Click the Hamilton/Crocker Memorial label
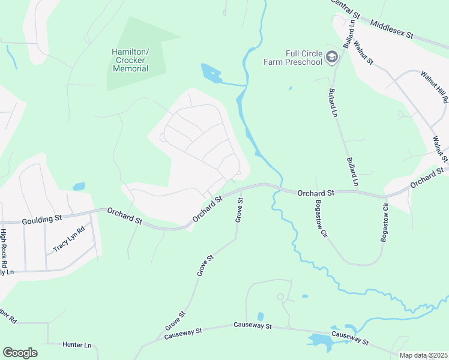click(x=130, y=60)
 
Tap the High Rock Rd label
click(x=4, y=248)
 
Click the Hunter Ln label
click(x=78, y=345)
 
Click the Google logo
click(x=20, y=353)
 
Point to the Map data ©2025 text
click(x=423, y=355)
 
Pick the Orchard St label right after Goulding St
click(x=125, y=216)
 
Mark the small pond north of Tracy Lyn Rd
click(x=79, y=187)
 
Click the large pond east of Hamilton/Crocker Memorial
click(x=211, y=73)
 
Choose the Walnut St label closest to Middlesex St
click(x=363, y=52)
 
